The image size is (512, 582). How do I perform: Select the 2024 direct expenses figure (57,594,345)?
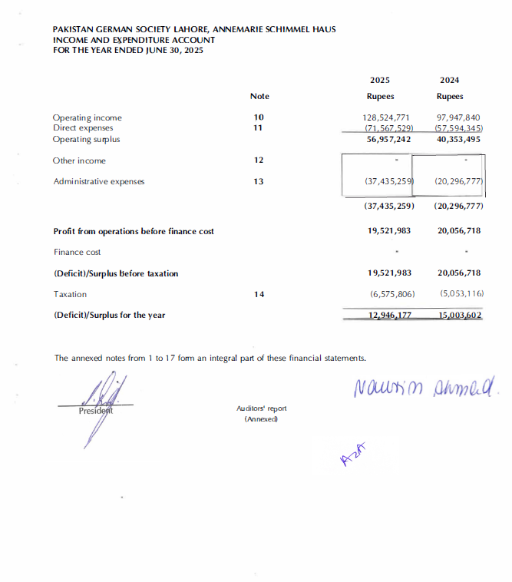point(458,128)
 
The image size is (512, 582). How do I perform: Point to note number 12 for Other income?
point(259,160)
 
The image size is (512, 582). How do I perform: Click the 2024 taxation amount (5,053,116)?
point(461,294)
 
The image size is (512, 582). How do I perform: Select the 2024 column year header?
point(449,80)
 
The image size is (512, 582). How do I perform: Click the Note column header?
point(259,96)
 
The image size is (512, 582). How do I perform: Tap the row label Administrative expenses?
point(98,182)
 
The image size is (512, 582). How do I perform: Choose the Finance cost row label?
point(77,252)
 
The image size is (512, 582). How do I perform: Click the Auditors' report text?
point(262,409)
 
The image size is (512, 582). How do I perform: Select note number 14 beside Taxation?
point(259,294)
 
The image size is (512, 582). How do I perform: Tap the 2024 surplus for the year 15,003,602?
point(459,315)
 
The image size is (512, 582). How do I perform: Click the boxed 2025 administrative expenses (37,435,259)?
point(389,182)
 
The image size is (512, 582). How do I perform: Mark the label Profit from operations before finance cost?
point(134,231)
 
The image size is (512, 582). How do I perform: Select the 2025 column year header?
point(381,80)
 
